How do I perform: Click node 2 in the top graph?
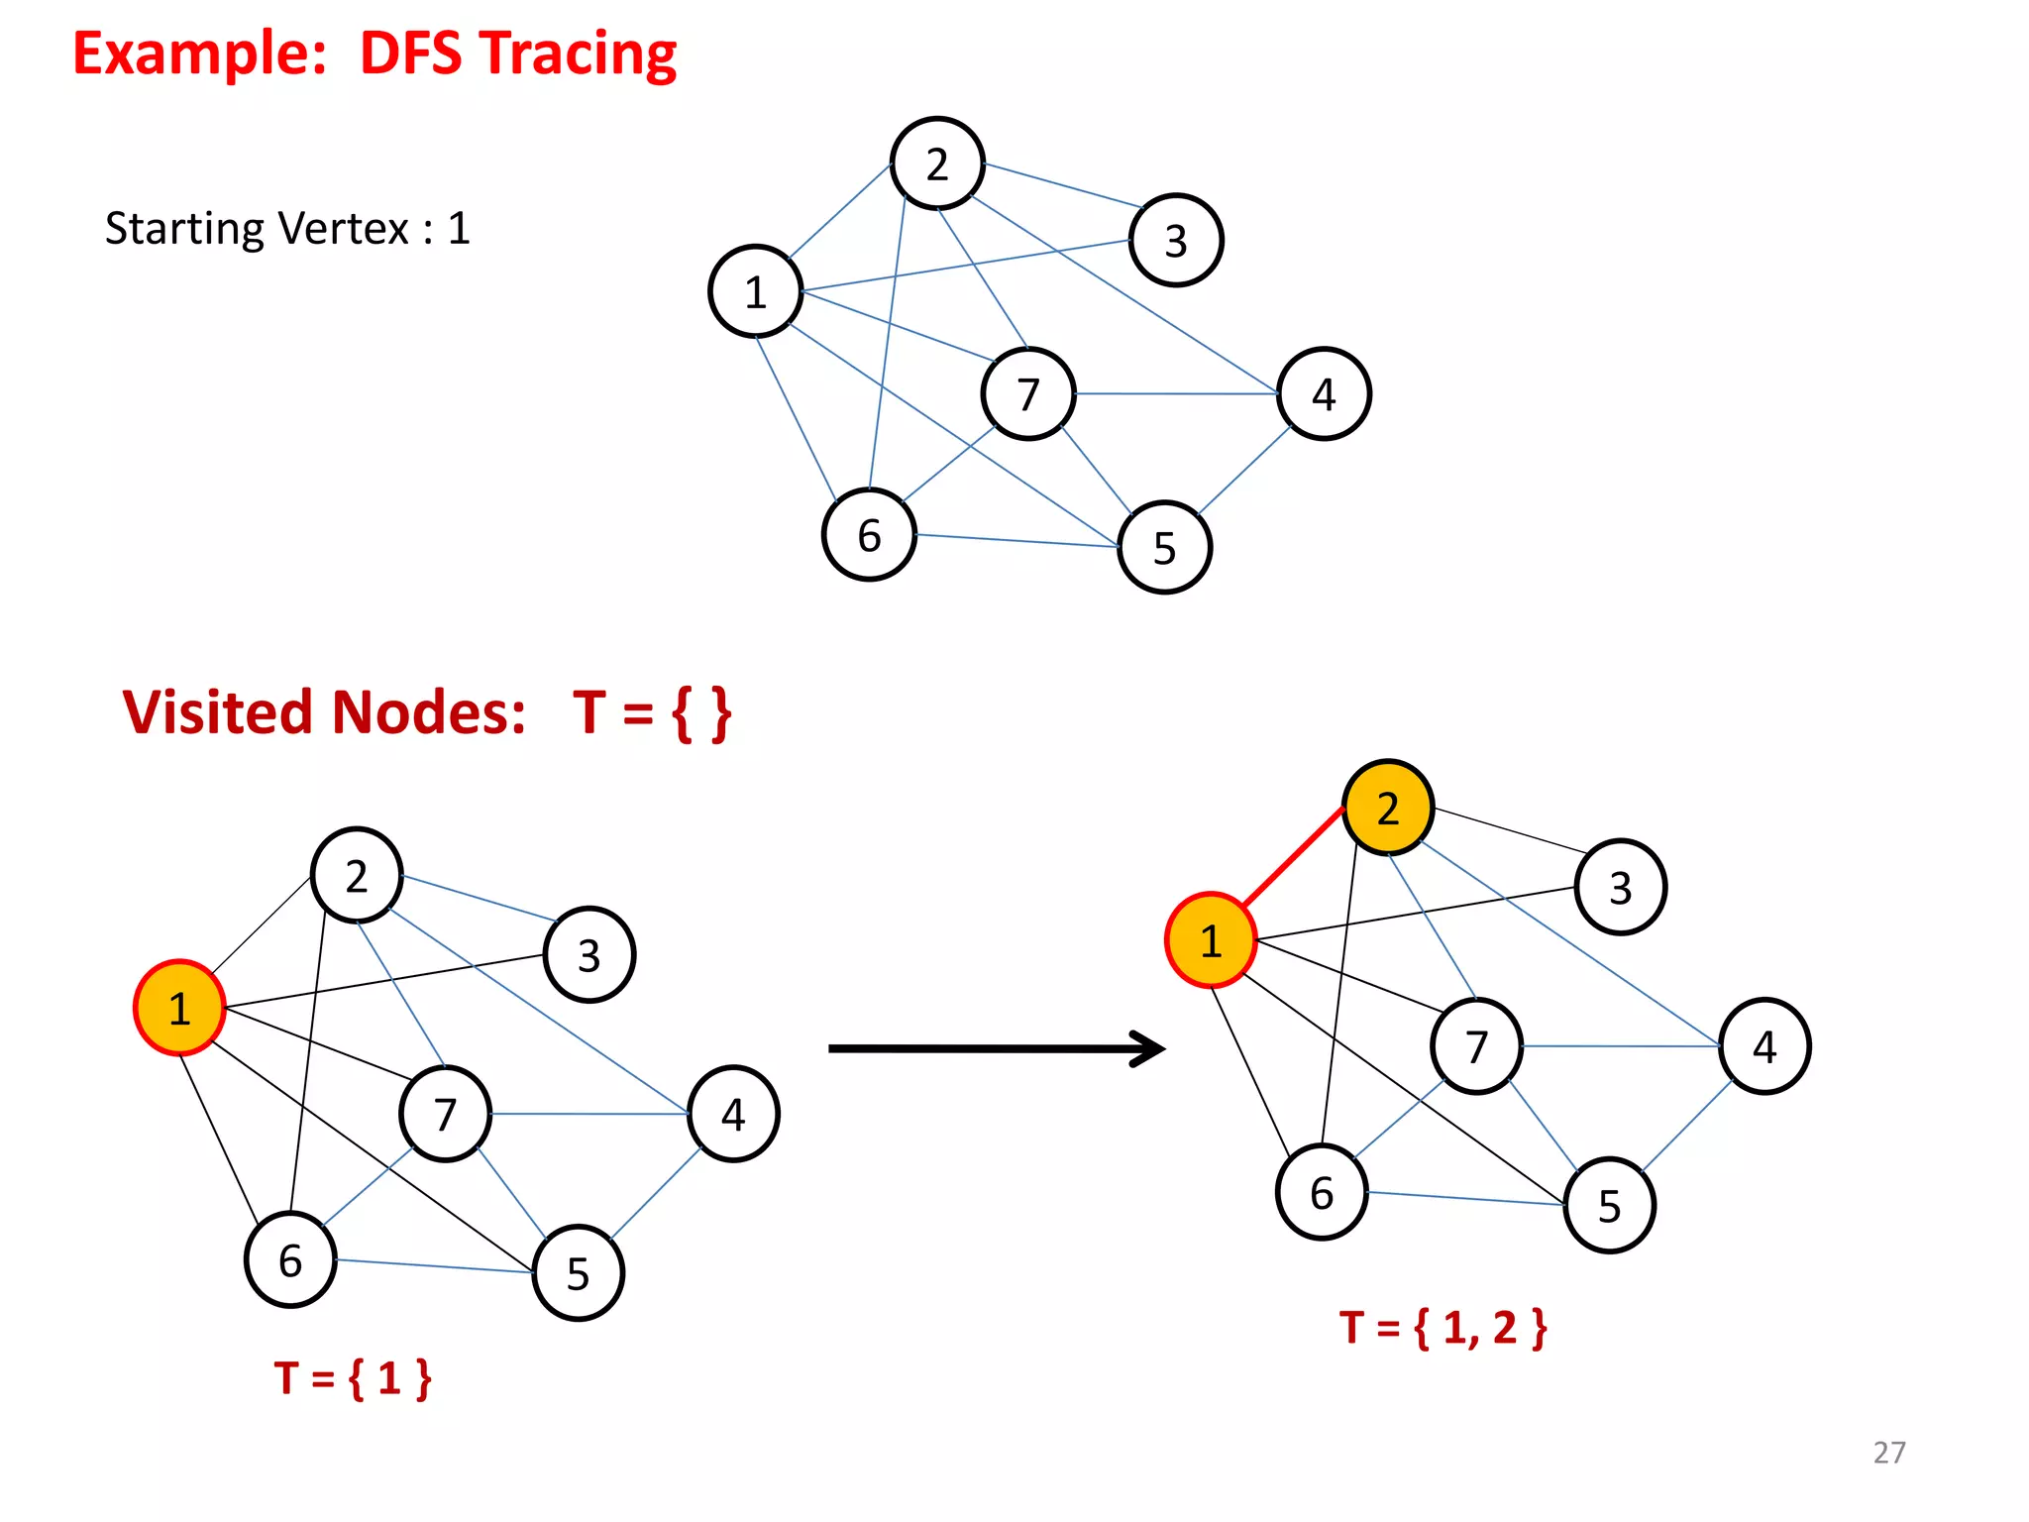click(937, 163)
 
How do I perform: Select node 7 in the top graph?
click(1028, 393)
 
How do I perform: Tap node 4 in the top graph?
click(1324, 393)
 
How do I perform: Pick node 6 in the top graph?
click(869, 535)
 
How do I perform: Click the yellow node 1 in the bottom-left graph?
click(179, 1008)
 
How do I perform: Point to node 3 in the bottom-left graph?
click(589, 955)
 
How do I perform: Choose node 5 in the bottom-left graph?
click(579, 1273)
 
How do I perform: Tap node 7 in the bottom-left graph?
click(446, 1114)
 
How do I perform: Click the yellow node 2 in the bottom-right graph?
click(1388, 808)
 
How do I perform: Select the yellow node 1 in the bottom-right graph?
click(1211, 940)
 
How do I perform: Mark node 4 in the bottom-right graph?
click(1764, 1046)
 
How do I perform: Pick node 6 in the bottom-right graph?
click(1322, 1192)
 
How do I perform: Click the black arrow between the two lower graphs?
click(996, 1048)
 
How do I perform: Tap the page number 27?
click(1889, 1452)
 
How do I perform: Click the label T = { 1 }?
click(354, 1377)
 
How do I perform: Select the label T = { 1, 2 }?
click(1442, 1328)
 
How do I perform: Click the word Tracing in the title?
click(582, 54)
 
